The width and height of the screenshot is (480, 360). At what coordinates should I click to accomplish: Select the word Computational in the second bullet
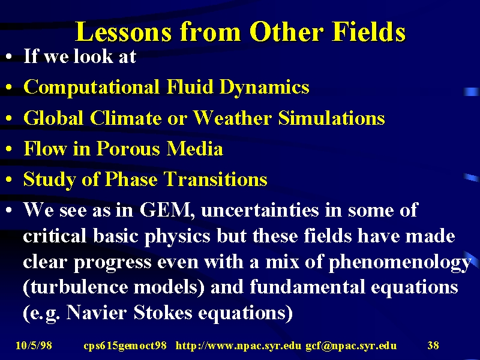[x=92, y=87]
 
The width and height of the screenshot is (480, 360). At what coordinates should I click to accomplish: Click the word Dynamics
[x=265, y=87]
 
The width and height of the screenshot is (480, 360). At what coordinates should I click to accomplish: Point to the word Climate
[x=126, y=118]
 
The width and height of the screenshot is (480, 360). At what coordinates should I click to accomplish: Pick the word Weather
[x=233, y=118]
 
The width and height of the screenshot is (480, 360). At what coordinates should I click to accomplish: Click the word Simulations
[x=331, y=118]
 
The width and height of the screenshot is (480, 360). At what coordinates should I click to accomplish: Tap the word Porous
[x=128, y=149]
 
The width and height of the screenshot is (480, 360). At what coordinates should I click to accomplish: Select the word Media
[x=194, y=149]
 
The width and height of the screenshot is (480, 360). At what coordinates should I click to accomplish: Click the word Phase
[x=131, y=179]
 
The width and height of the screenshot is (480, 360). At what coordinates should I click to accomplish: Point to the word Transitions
[x=215, y=179]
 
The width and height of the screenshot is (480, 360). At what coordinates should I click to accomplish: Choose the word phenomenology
[x=400, y=263]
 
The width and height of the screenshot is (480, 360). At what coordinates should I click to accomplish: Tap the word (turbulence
[x=76, y=287]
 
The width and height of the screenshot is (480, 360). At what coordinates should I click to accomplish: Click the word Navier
[x=96, y=313]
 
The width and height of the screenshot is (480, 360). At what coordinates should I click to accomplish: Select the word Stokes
[x=163, y=313]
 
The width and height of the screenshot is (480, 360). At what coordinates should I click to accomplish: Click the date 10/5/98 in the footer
[x=34, y=346]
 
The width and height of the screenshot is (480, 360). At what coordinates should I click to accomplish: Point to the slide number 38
[x=433, y=346]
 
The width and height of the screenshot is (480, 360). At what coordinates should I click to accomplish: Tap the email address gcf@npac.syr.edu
[x=351, y=346]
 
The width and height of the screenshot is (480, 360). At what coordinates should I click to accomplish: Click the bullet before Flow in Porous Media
[x=9, y=149]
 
